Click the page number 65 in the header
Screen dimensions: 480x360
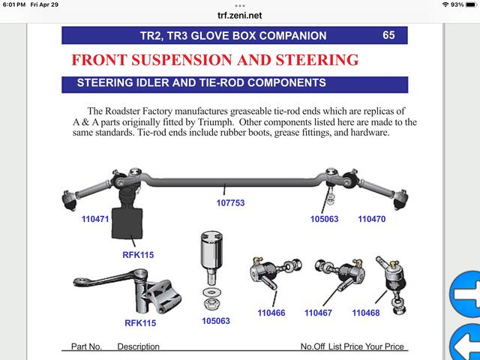tap(388, 35)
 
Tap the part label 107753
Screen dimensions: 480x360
tap(230, 203)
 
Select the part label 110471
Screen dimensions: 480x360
tap(95, 219)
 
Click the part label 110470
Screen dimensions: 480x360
tap(372, 219)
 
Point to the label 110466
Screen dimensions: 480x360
tap(271, 313)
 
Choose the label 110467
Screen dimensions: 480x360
tap(318, 313)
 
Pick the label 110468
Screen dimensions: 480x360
tap(366, 313)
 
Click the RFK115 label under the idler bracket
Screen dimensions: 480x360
tap(140, 323)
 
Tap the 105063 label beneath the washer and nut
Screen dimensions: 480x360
tap(216, 321)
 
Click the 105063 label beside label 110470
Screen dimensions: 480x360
tap(324, 219)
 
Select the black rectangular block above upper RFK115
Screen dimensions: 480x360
tap(127, 223)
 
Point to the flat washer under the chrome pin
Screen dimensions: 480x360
tap(212, 292)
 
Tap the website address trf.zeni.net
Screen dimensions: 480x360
tap(240, 15)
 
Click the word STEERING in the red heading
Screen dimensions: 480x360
tap(317, 60)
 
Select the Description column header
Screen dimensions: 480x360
tap(138, 346)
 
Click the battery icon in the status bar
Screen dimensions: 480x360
tap(472, 4)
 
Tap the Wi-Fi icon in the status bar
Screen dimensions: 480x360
tap(445, 4)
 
